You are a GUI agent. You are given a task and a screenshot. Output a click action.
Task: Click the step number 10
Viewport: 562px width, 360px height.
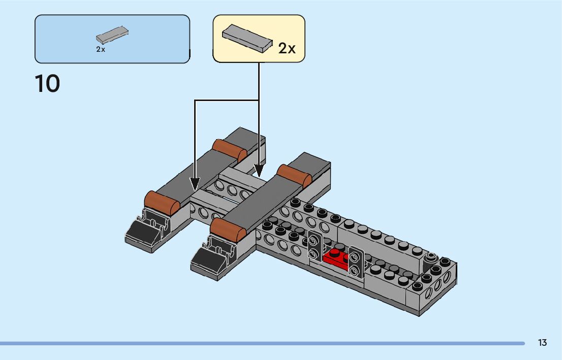coord(47,84)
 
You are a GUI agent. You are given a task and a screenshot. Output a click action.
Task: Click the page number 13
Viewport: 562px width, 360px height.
coord(542,343)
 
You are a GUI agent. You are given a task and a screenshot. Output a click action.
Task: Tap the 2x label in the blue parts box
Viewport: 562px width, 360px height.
coord(101,50)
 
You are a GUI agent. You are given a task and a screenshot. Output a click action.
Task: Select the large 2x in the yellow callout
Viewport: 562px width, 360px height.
coord(287,48)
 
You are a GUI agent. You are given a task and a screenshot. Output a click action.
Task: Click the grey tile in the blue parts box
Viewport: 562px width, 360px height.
coord(112,36)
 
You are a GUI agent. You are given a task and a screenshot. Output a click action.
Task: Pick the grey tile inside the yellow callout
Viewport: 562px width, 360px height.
coord(247,38)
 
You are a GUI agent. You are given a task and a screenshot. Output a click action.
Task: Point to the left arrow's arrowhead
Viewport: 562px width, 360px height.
coord(195,183)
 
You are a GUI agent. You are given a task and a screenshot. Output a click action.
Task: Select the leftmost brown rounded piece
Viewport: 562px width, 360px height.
coord(162,202)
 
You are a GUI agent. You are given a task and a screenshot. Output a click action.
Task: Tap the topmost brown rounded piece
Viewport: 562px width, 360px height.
coord(229,150)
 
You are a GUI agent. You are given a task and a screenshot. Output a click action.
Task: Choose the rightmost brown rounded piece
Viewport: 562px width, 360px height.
coord(294,175)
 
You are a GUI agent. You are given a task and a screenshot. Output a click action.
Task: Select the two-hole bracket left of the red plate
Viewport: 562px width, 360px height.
coord(315,246)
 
